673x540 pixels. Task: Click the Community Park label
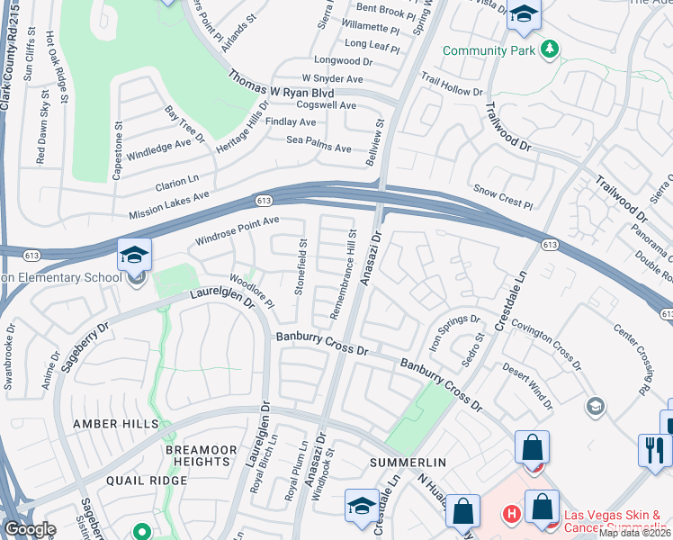(x=486, y=50)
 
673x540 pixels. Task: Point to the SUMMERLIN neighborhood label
(x=408, y=462)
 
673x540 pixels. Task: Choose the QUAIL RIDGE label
(x=147, y=481)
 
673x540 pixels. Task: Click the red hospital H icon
(x=511, y=515)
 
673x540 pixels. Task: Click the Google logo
(x=31, y=528)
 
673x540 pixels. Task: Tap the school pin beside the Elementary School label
(x=134, y=256)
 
